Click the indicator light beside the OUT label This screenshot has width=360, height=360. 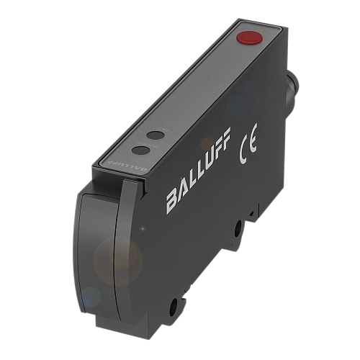(x=156, y=135)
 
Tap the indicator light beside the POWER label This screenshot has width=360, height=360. (x=141, y=150)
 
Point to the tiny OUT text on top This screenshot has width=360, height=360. (x=165, y=130)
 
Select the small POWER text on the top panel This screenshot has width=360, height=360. (x=152, y=145)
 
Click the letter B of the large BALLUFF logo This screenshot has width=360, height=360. (x=174, y=201)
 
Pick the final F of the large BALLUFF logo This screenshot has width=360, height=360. (x=225, y=138)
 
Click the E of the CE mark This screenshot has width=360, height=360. (x=253, y=138)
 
